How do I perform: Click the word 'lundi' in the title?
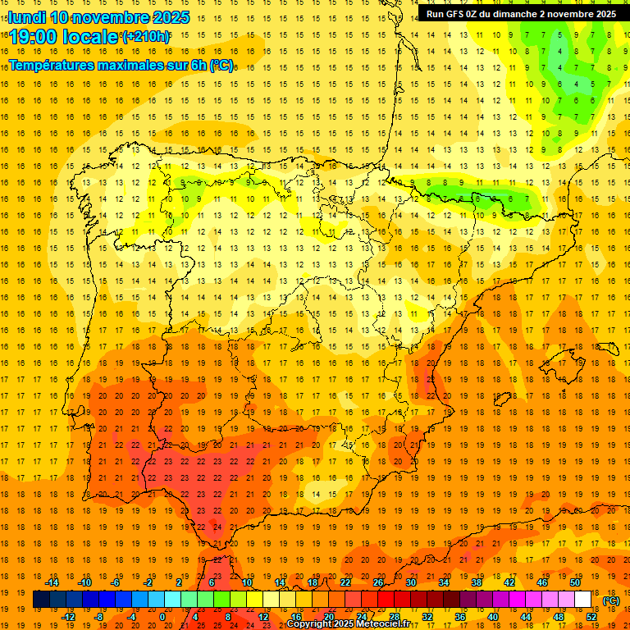click(x=27, y=17)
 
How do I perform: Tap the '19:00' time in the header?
click(x=34, y=38)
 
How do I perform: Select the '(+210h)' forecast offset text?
click(x=145, y=37)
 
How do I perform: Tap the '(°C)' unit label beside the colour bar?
click(x=611, y=600)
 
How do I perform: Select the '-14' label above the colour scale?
click(x=52, y=582)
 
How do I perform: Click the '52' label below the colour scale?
click(x=591, y=617)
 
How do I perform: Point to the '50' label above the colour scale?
click(x=575, y=582)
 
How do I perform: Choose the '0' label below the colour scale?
click(x=162, y=617)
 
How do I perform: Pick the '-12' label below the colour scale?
click(x=69, y=617)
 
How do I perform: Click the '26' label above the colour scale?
click(x=378, y=582)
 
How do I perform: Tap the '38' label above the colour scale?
click(x=477, y=582)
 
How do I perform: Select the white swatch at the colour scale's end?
click(x=583, y=600)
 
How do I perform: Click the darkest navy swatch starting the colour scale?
click(x=41, y=600)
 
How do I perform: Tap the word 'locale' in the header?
click(x=90, y=38)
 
